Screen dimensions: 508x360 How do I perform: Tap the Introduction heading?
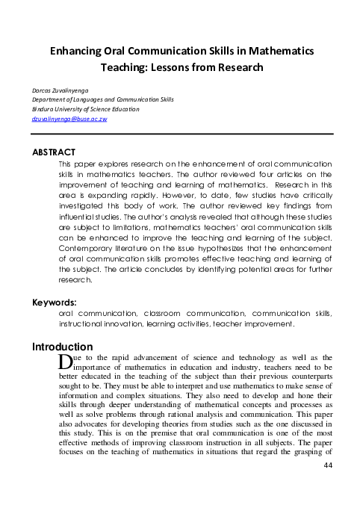click(x=63, y=347)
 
